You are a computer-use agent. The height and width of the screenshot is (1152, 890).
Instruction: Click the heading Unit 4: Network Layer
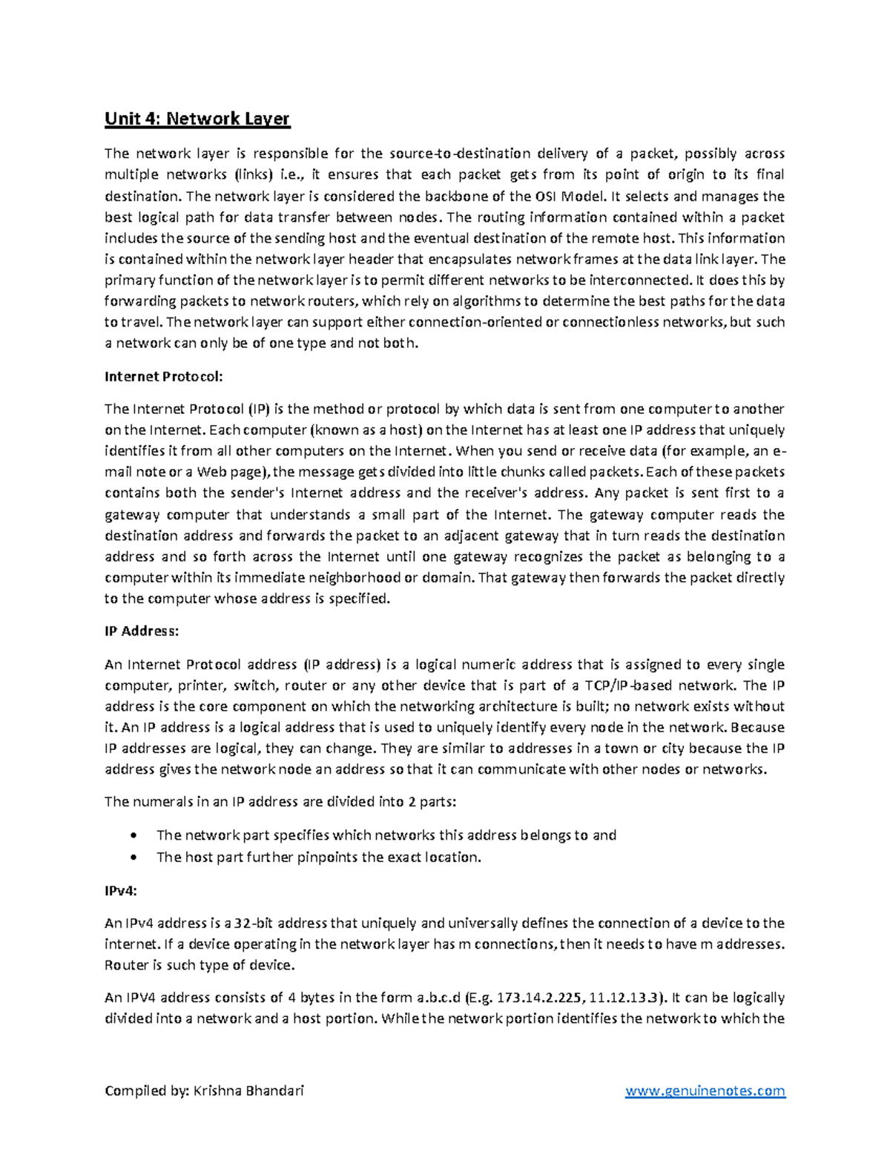197,119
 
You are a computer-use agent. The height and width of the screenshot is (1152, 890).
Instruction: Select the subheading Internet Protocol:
163,376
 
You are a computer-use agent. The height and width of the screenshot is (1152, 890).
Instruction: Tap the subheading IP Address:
142,631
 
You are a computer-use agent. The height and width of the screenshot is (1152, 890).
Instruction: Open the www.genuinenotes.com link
705,1090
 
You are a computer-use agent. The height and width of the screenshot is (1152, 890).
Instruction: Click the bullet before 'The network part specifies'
133,835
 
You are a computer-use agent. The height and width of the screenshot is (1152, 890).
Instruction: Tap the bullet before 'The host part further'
133,858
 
